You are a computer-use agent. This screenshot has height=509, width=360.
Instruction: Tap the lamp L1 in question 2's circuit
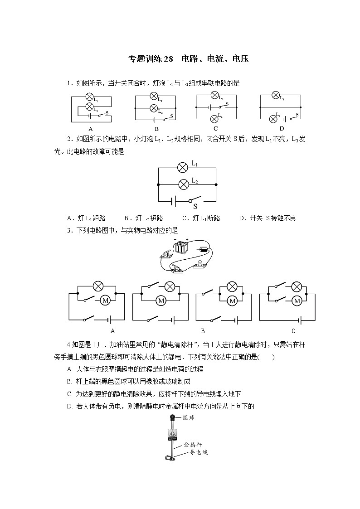[183, 168]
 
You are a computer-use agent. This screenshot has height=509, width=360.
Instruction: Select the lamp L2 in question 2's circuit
[183, 184]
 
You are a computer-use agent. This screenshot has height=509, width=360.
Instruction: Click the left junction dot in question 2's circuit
[158, 184]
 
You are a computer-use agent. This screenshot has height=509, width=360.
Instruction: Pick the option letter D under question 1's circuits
[281, 128]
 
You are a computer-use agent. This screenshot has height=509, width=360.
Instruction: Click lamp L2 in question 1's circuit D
[273, 119]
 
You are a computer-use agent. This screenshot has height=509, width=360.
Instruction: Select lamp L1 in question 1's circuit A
[90, 97]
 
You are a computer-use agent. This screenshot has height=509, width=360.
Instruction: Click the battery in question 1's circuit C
[209, 107]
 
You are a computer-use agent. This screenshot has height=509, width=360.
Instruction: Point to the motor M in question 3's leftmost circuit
[105, 300]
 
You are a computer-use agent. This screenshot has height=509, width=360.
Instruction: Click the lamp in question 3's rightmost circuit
[297, 286]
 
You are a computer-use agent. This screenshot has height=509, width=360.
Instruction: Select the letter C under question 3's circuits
[293, 331]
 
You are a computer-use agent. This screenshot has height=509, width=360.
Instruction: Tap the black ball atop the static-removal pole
[172, 417]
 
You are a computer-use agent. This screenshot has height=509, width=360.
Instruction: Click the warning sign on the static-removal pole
[172, 434]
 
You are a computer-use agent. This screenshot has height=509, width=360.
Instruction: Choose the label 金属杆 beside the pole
[193, 445]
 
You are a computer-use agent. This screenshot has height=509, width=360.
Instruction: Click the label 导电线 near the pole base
[199, 452]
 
